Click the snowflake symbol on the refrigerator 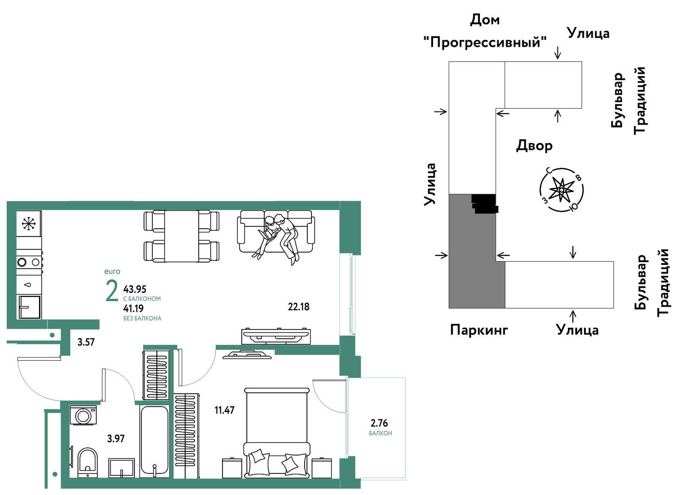(x=29, y=224)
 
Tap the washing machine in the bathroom (x=83, y=415)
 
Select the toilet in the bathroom (x=88, y=462)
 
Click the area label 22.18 (x=299, y=307)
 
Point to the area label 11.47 (x=224, y=410)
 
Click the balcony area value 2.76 (x=379, y=423)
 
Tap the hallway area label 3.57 (x=86, y=342)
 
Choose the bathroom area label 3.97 (x=116, y=439)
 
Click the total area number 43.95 (x=135, y=289)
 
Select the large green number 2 (x=112, y=291)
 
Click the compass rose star (x=561, y=190)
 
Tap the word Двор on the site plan (x=534, y=146)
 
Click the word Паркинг (x=479, y=330)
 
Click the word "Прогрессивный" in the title (x=485, y=42)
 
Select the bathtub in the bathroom (x=155, y=441)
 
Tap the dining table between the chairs (x=181, y=236)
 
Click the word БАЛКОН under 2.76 (x=380, y=433)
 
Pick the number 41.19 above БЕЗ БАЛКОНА (x=133, y=308)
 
